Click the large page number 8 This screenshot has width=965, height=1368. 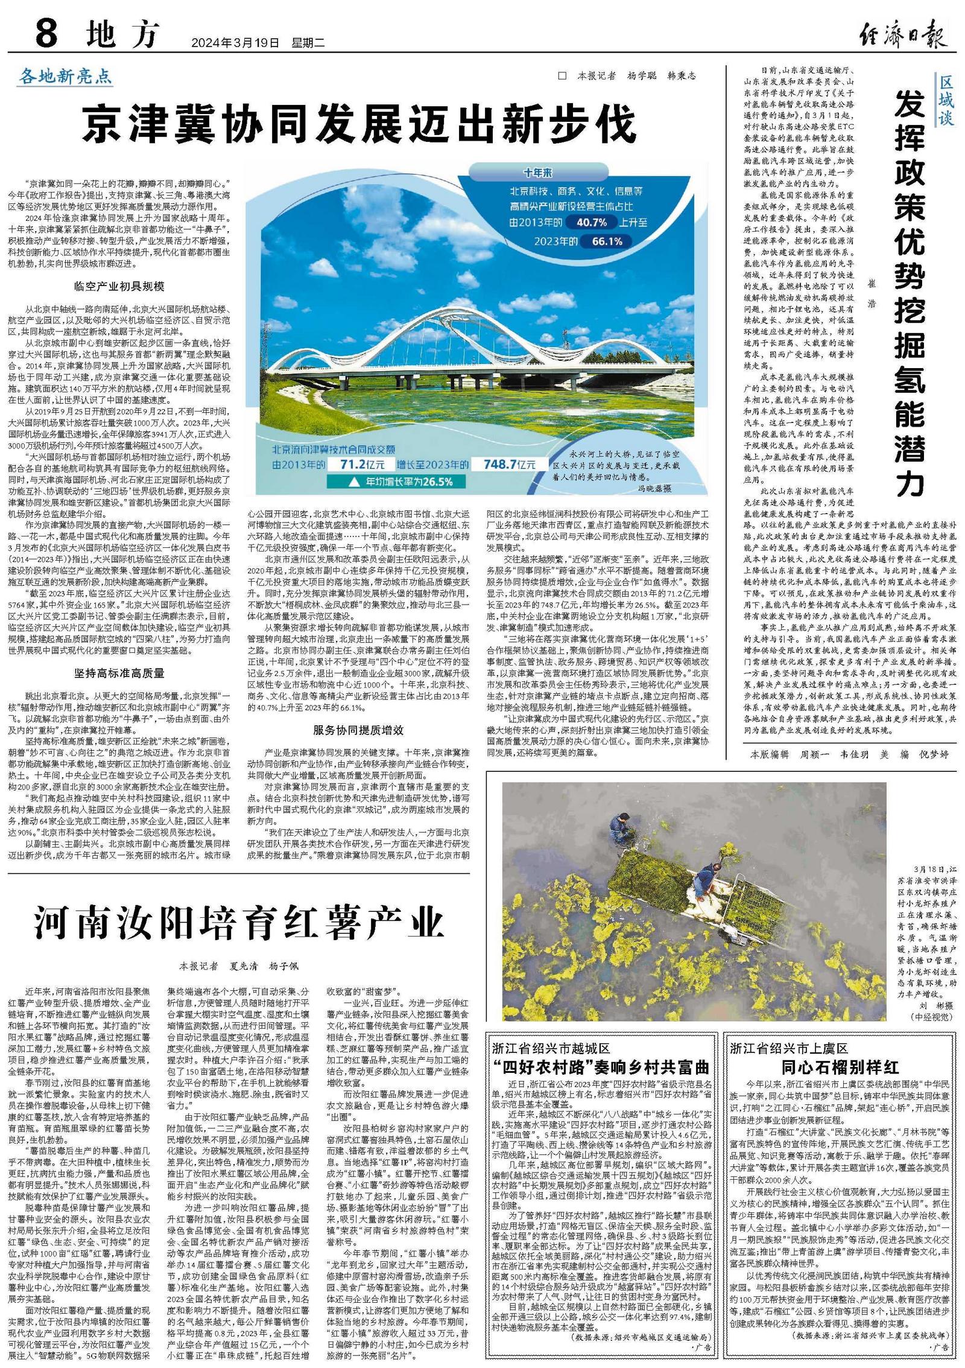(x=46, y=33)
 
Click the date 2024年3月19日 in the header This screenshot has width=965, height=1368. (x=235, y=43)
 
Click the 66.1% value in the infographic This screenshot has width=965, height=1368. (x=607, y=241)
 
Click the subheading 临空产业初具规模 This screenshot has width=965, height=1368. (x=119, y=286)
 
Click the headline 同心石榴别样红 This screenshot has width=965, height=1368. (x=840, y=1067)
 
